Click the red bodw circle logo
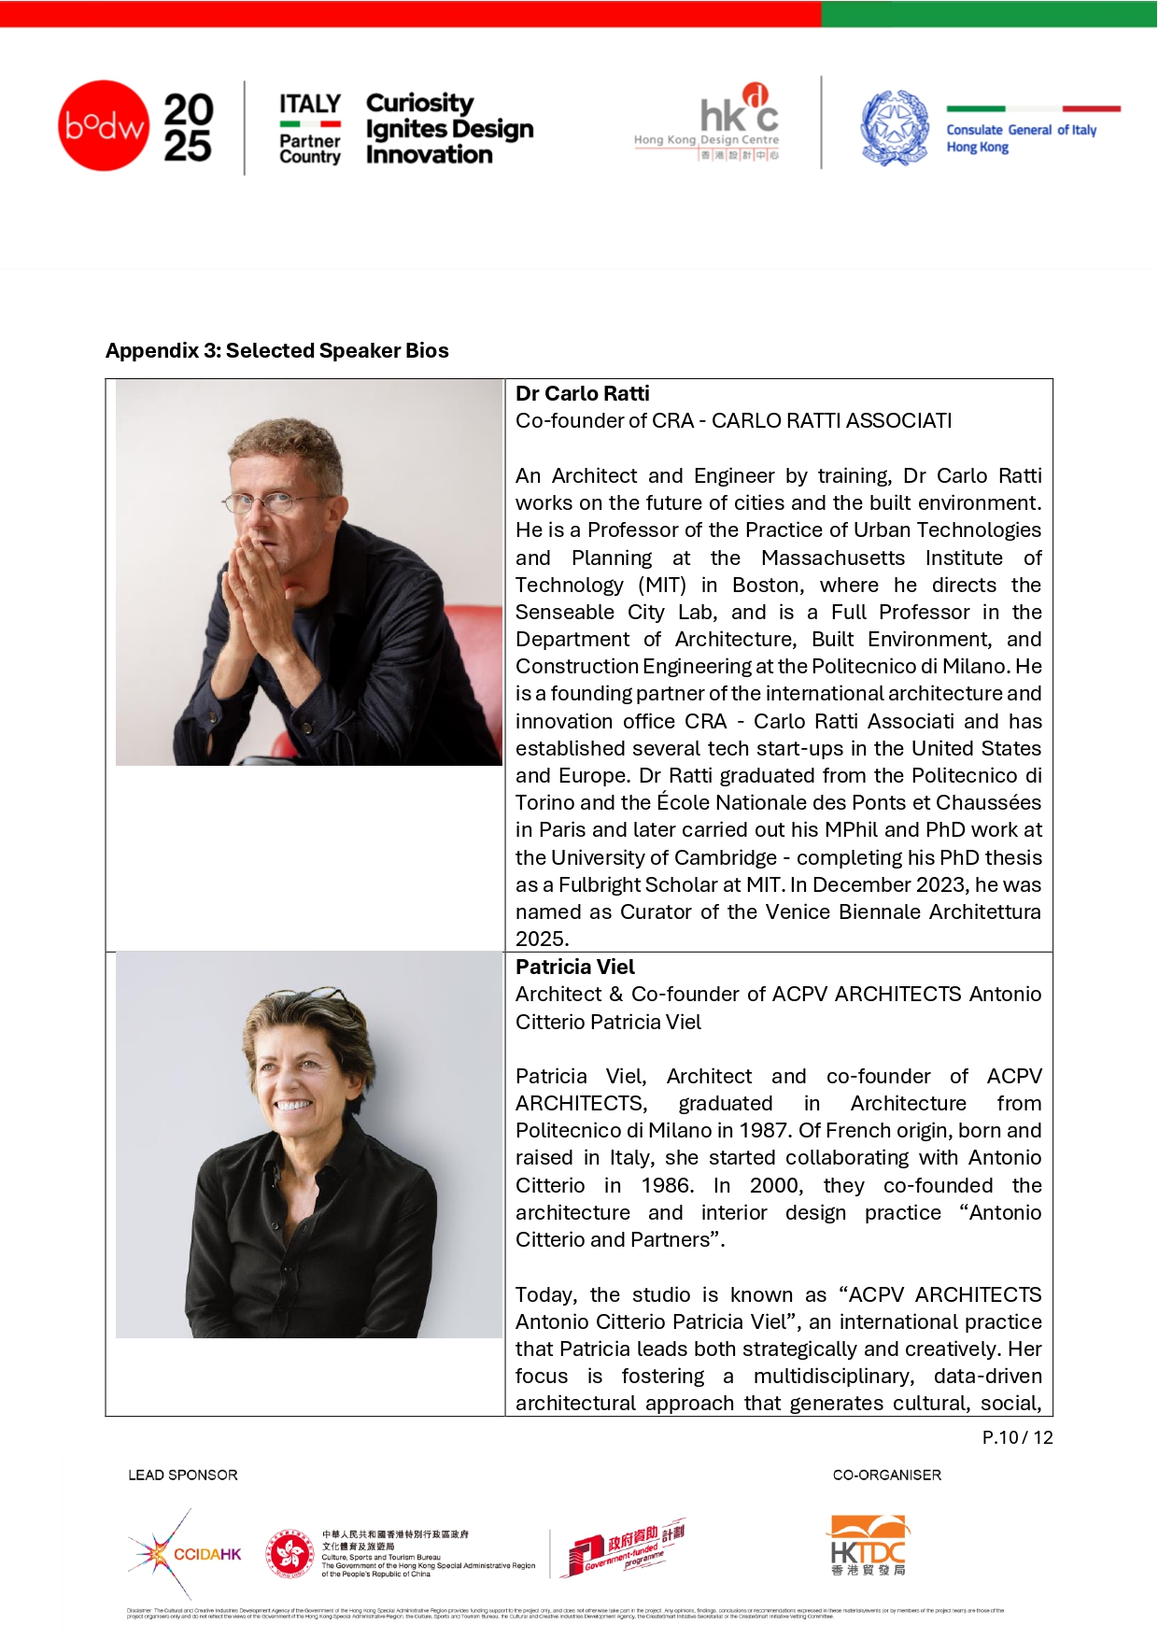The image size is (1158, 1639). point(104,126)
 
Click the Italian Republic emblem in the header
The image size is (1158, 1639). point(894,128)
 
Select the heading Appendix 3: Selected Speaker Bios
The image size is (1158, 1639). point(277,350)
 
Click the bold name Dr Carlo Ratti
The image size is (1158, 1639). point(582,393)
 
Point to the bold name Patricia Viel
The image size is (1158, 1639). point(574,967)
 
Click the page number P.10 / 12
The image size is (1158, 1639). point(1017,1437)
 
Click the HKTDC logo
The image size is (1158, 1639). point(868,1547)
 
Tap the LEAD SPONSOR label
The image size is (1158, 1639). point(183,1475)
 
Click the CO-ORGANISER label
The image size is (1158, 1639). point(886,1475)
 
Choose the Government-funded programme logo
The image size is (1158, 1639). point(624,1548)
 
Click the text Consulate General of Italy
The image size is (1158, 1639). point(1021,130)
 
